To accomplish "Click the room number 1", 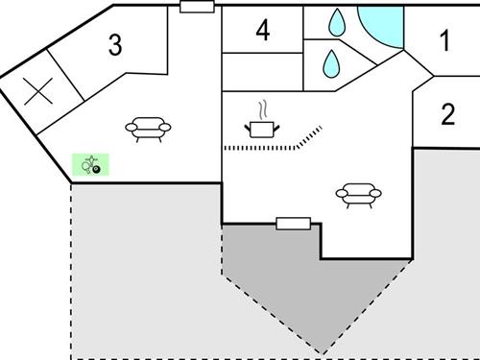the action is [x=444, y=40].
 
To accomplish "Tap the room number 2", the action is [x=447, y=115].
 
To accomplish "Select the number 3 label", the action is [x=115, y=45].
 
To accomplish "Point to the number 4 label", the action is [x=262, y=31].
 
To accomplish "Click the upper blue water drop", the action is [x=337, y=21].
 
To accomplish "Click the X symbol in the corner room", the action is [x=37, y=91].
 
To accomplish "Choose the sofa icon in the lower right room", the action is [x=360, y=196].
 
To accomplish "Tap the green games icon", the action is [x=91, y=165].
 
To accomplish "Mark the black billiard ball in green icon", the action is [x=97, y=170].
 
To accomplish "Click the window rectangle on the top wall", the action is [x=197, y=6].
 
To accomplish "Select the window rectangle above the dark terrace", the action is [x=294, y=224].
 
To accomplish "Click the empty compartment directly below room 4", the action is [x=262, y=71].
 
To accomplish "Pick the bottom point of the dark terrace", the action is [x=319, y=350].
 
